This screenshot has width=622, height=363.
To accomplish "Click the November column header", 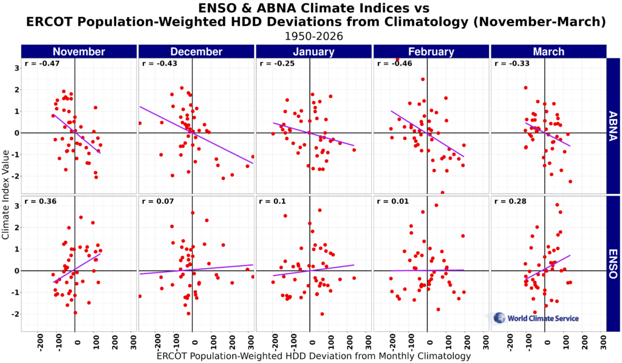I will point(79,52).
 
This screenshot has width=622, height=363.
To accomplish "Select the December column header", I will point(196,52).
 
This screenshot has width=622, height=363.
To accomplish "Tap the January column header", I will point(313,52).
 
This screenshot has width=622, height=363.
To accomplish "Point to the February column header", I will point(431,52).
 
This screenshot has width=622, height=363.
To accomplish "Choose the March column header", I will point(548,52).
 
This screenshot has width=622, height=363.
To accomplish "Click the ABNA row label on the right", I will point(614,126).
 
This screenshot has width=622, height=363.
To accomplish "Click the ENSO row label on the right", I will point(614,263).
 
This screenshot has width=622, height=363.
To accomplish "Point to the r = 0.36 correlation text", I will point(38,201).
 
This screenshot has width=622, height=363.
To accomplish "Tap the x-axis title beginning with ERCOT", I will point(313,356).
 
